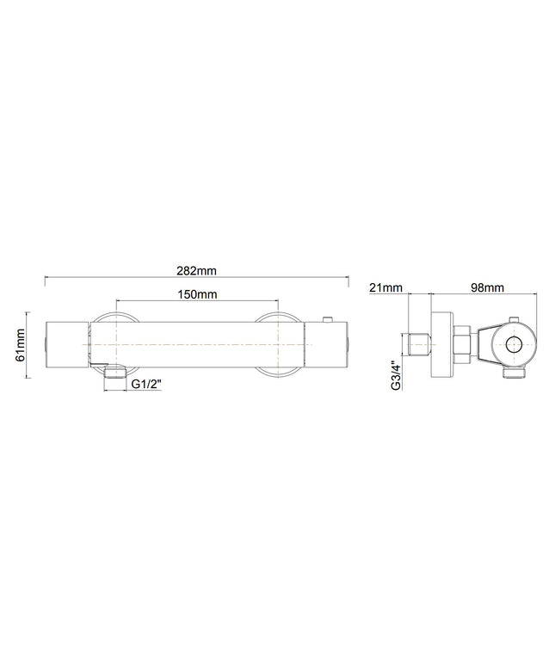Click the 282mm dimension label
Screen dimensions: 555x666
click(196, 270)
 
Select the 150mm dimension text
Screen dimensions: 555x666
click(196, 294)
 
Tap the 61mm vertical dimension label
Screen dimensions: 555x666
click(20, 345)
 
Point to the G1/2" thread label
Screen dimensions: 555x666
click(146, 384)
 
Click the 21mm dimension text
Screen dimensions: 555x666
click(385, 287)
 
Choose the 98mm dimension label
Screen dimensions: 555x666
click(488, 287)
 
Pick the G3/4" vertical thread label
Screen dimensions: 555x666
click(395, 373)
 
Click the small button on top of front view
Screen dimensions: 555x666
click(328, 319)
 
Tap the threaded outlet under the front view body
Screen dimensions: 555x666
click(115, 373)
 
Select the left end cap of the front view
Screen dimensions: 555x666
click(66, 344)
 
